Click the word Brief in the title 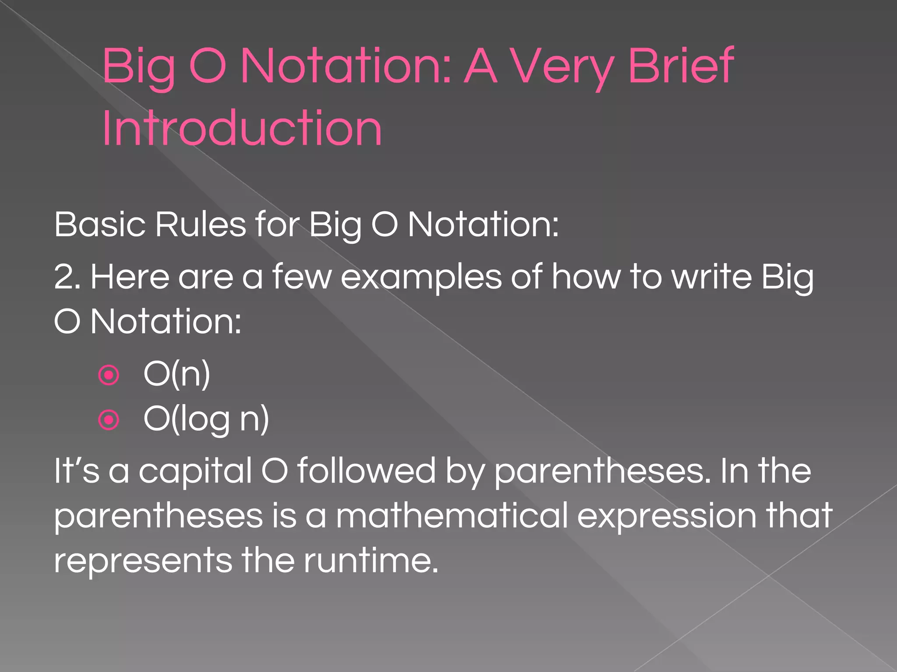click(x=681, y=66)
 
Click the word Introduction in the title click(x=242, y=129)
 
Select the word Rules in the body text click(x=200, y=224)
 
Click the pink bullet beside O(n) click(x=109, y=375)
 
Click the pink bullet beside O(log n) click(x=109, y=420)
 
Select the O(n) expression click(x=177, y=374)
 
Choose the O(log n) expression click(x=206, y=420)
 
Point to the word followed click(x=366, y=471)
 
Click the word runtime click(x=371, y=560)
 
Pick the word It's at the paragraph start click(x=77, y=471)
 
